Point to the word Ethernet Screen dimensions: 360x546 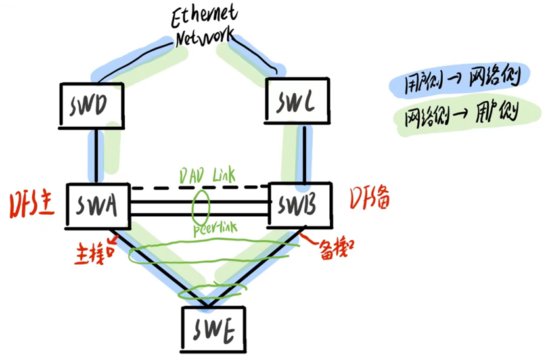205,15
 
